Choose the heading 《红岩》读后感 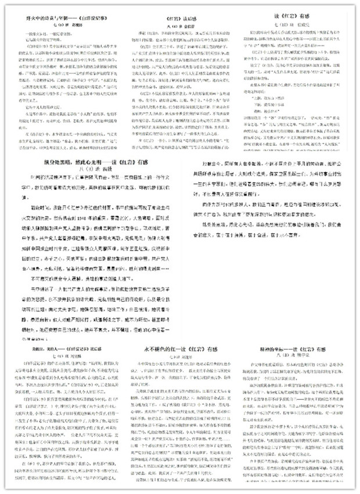click(x=180, y=20)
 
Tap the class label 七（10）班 click(x=287, y=27)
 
